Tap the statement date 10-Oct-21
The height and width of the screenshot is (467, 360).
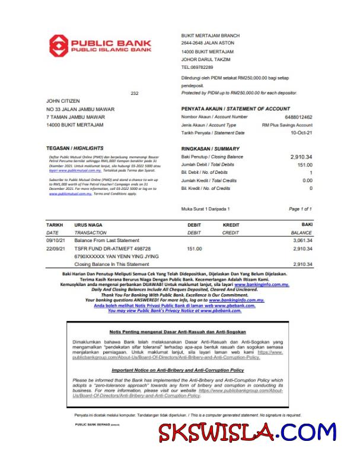301,133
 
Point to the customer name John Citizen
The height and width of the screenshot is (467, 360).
63,101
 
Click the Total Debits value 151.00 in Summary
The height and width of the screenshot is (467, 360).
304,164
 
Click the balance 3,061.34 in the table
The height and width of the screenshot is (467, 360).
302,240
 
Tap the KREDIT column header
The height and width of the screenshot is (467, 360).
231,225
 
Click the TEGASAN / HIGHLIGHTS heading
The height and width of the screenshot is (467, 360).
75,148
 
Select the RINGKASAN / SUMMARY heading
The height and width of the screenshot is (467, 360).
210,148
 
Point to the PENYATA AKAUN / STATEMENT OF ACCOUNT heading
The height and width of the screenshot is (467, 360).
235,109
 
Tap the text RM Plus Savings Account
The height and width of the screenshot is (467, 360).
287,125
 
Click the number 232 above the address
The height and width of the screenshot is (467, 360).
134,93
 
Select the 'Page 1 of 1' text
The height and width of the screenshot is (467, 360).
300,209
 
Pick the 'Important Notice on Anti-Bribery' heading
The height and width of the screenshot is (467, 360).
178,370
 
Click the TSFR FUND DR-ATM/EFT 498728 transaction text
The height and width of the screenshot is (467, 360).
113,249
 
